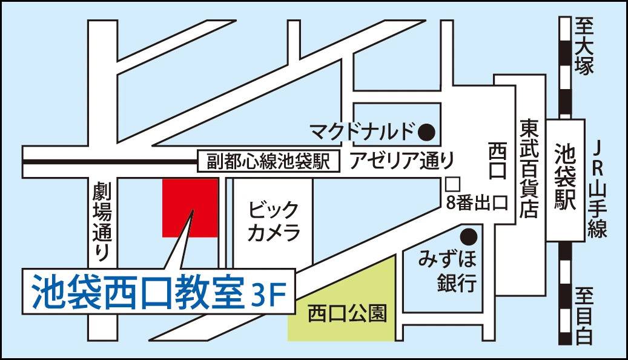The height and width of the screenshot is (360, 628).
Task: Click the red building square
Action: pyautogui.click(x=190, y=208)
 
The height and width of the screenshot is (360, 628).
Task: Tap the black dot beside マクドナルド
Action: pyautogui.click(x=428, y=130)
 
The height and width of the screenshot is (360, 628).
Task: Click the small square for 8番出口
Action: pyautogui.click(x=451, y=182)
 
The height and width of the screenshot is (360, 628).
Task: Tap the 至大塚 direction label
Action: pyautogui.click(x=585, y=46)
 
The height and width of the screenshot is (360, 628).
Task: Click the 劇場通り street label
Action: pyautogui.click(x=101, y=222)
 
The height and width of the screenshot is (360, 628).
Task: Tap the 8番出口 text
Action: pyautogui.click(x=475, y=202)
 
